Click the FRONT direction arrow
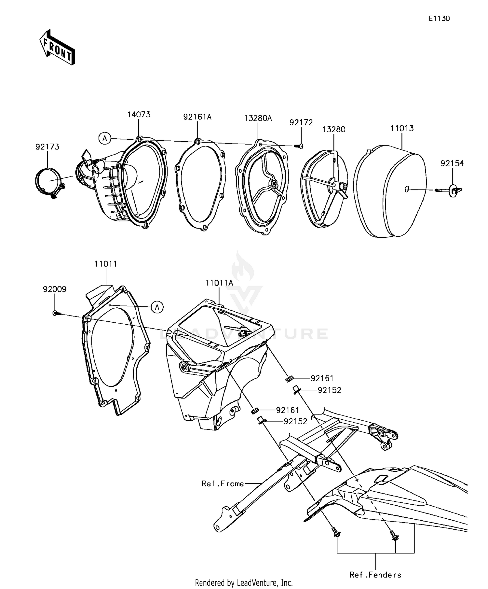pos(57,48)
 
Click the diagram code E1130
pos(439,19)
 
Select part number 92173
pos(47,147)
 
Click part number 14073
pos(139,115)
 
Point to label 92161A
pos(197,117)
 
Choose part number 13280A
pos(258,118)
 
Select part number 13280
pos(334,129)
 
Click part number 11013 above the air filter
pos(402,128)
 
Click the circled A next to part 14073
pos(104,139)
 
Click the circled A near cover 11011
pos(157,307)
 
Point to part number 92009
pos(55,289)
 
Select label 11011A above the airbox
pos(219,283)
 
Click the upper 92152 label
pos(329,390)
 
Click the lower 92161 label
pos(288,410)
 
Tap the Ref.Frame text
pos(223,484)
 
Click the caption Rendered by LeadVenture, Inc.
pos(244,582)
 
